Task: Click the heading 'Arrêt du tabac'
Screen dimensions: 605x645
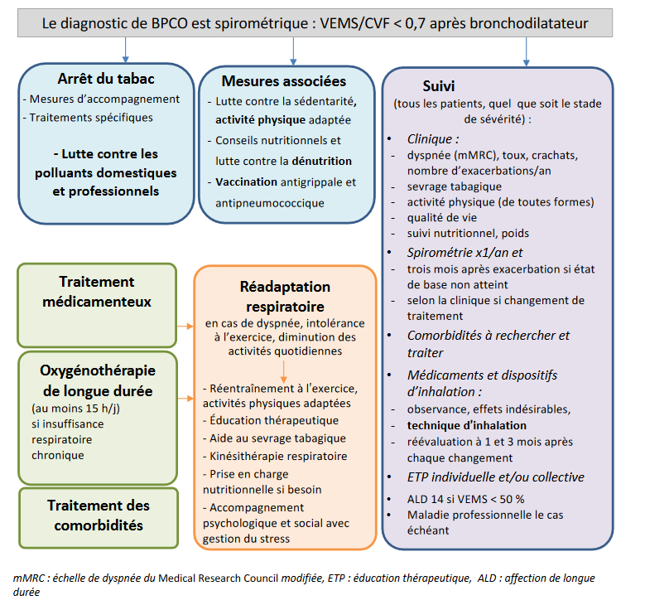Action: pyautogui.click(x=106, y=79)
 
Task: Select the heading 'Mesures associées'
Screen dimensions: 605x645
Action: pyautogui.click(x=284, y=81)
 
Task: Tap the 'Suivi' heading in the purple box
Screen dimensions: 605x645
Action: pyautogui.click(x=438, y=85)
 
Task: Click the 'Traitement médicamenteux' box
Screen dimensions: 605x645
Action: pyautogui.click(x=97, y=291)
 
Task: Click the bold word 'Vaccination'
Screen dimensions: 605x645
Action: pyautogui.click(x=244, y=181)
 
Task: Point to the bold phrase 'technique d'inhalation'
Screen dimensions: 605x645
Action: pyautogui.click(x=466, y=425)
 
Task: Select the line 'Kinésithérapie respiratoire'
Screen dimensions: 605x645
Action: pyautogui.click(x=279, y=456)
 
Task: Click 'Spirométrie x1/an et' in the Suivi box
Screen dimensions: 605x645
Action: pyautogui.click(x=464, y=252)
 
